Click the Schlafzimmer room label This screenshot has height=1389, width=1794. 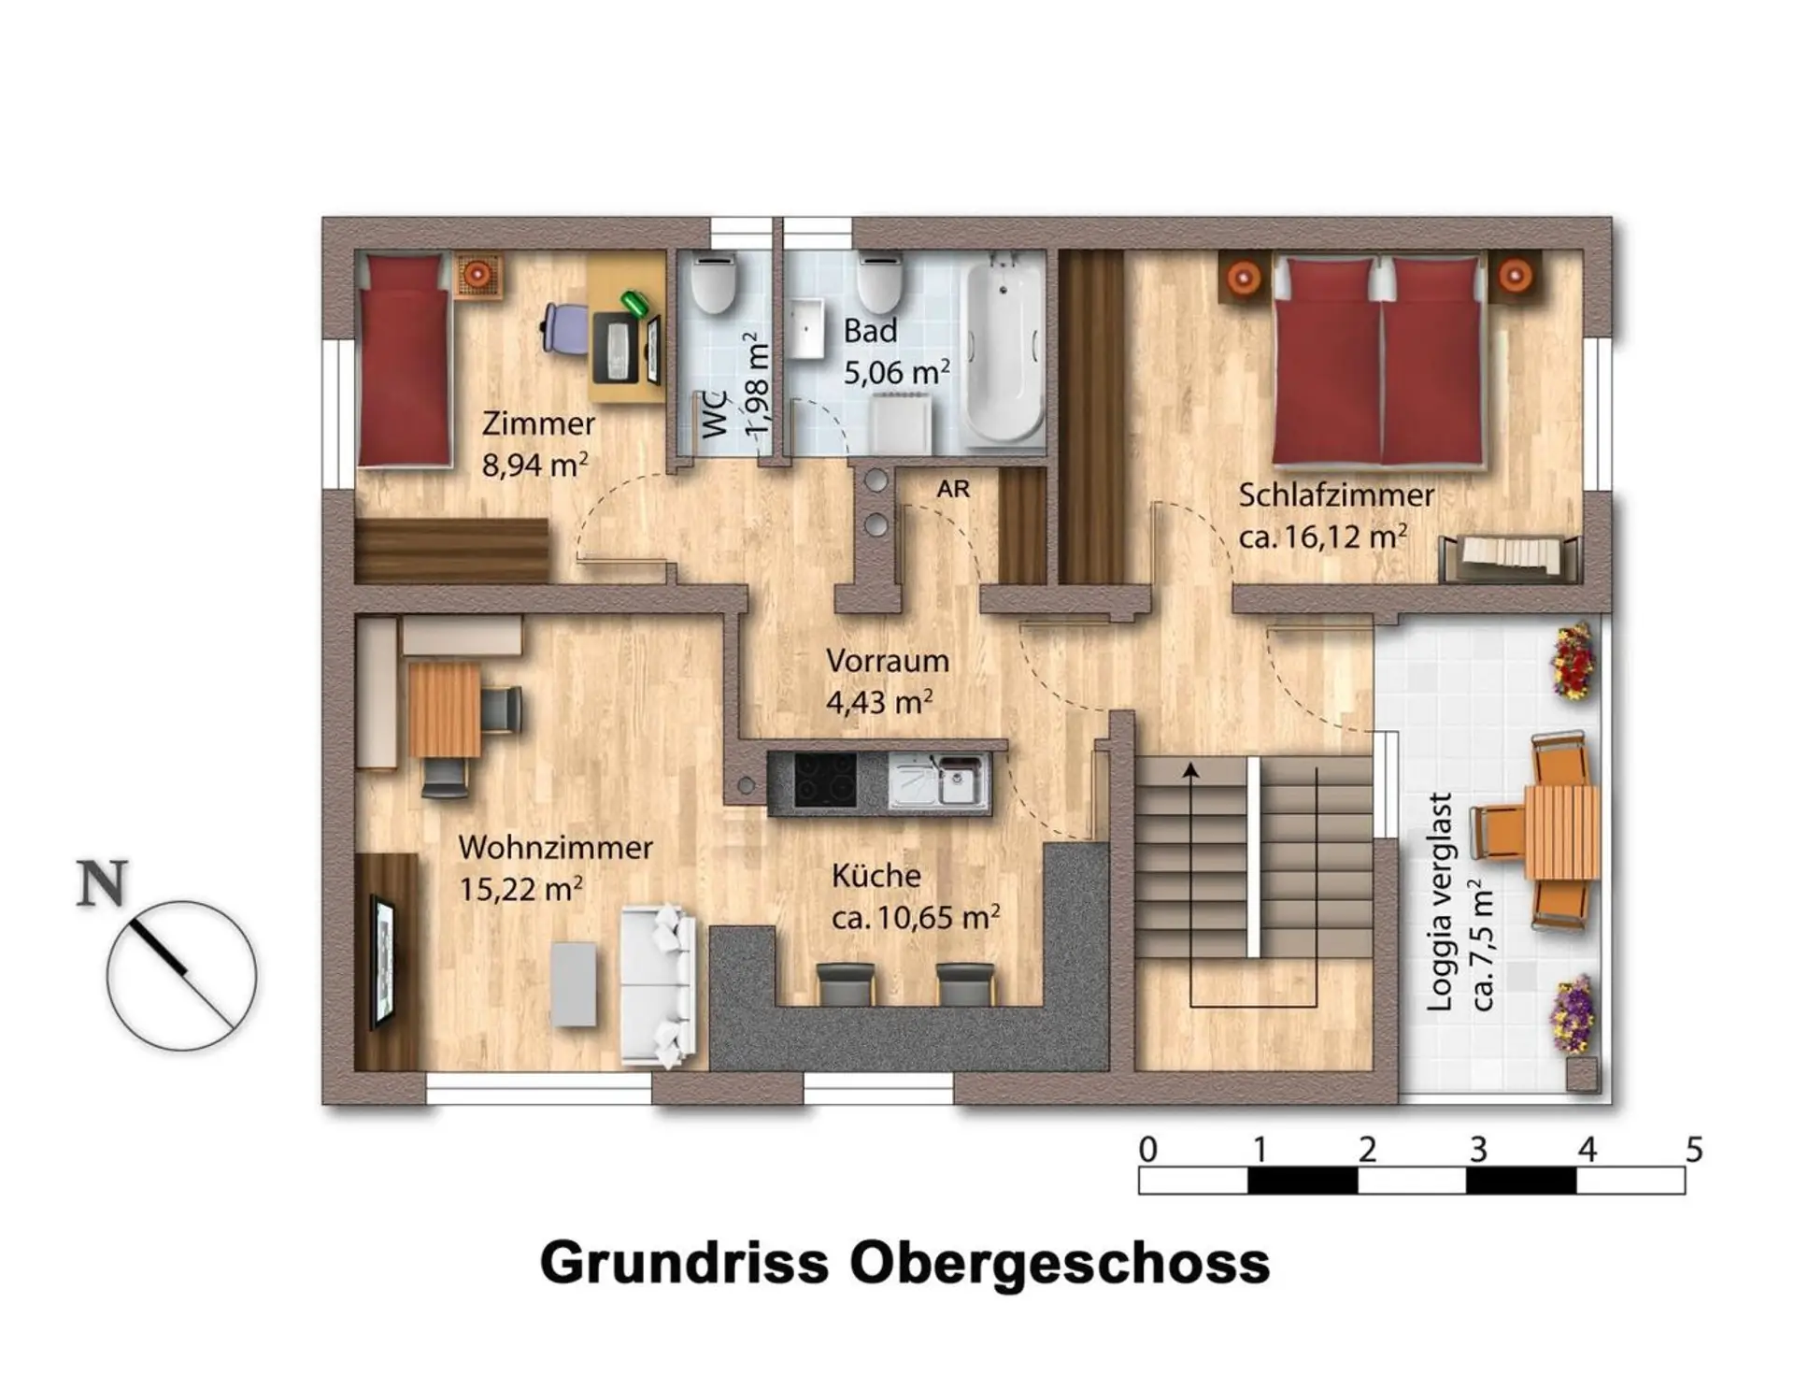(x=1335, y=495)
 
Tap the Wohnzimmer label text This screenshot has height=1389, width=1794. (x=555, y=848)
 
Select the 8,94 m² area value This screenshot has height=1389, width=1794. (x=534, y=465)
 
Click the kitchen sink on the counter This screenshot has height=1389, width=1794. (x=937, y=780)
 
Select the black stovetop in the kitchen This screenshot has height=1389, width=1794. (x=824, y=780)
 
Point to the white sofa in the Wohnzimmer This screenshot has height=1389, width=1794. (x=658, y=986)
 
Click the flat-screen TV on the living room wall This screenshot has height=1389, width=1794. (x=382, y=961)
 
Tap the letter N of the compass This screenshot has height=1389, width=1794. (x=101, y=884)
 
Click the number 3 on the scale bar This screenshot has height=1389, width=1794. (x=1477, y=1149)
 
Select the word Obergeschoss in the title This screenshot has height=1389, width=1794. (x=1060, y=1263)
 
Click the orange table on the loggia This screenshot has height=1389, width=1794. (x=1561, y=833)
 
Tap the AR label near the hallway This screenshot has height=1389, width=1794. (x=953, y=489)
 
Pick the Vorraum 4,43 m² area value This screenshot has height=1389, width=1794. (x=879, y=702)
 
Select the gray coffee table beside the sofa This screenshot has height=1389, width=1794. (x=574, y=984)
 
